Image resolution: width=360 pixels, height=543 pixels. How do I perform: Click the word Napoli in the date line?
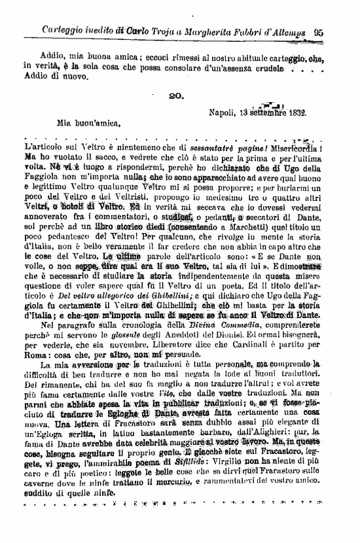coord(223,113)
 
